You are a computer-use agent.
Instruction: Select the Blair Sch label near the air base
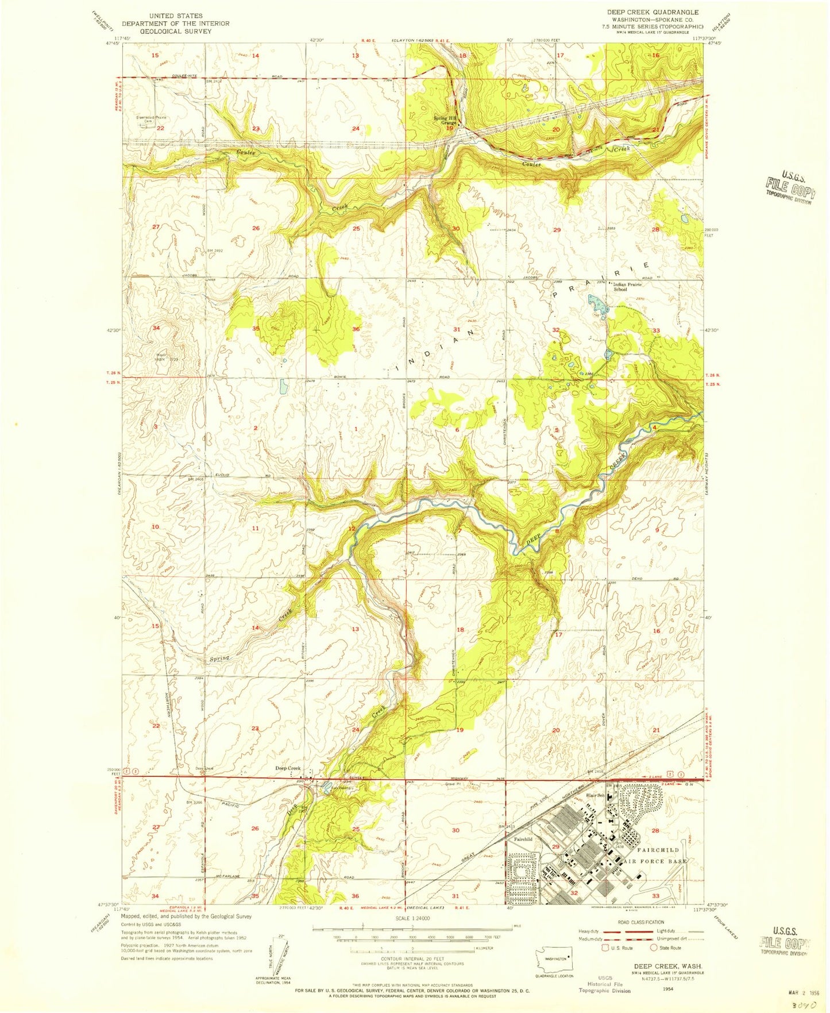coord(595,795)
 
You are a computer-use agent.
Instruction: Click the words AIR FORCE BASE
coord(655,861)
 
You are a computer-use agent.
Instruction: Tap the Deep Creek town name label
coord(288,768)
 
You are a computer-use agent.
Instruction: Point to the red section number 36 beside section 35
coord(356,329)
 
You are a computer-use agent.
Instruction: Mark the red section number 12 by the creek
coord(352,528)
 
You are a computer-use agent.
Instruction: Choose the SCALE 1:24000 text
coord(411,918)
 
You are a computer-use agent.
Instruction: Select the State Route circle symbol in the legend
coord(653,947)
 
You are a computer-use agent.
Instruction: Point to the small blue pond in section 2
coord(284,386)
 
